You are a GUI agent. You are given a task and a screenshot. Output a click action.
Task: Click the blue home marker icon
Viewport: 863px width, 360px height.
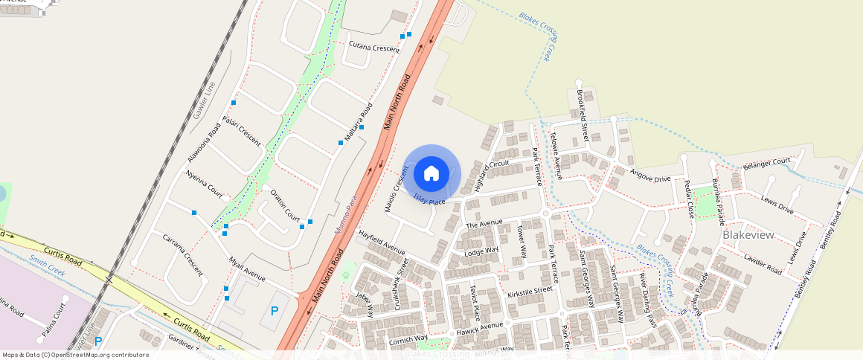pyautogui.click(x=431, y=173)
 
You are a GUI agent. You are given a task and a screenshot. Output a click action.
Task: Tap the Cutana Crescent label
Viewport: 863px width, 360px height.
pyautogui.click(x=374, y=48)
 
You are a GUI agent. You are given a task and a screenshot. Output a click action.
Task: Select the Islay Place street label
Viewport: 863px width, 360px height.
pyautogui.click(x=429, y=202)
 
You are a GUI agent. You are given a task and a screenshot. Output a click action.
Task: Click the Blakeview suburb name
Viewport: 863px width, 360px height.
pyautogui.click(x=748, y=235)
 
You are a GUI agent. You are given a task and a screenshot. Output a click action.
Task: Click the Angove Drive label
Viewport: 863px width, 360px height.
pyautogui.click(x=650, y=175)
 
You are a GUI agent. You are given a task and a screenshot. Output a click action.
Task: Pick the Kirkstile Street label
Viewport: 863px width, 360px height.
pyautogui.click(x=530, y=289)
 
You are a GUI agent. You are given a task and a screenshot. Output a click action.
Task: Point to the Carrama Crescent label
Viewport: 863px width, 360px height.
pyautogui.click(x=182, y=254)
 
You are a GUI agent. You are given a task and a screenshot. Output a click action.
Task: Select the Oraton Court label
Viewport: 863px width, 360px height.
pyautogui.click(x=285, y=208)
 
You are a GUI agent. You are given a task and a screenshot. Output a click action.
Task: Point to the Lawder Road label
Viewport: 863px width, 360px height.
pyautogui.click(x=763, y=263)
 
